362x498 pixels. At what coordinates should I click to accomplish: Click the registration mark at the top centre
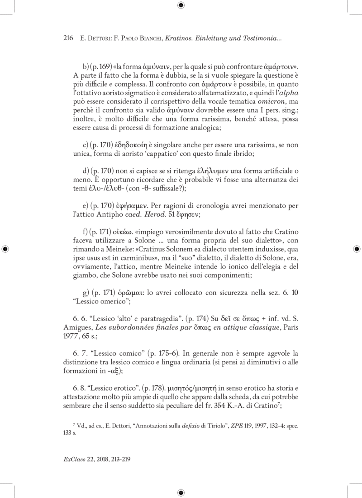(181, 5)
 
